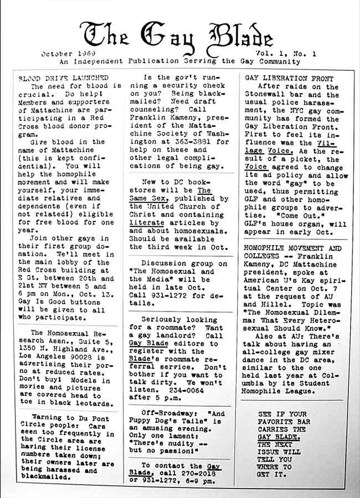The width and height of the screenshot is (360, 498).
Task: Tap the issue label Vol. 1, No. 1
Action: click(285, 54)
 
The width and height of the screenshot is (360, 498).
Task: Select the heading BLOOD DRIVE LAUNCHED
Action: click(63, 78)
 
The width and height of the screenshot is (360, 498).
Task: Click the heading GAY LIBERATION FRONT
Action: click(284, 78)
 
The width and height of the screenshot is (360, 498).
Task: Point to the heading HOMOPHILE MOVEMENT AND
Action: click(293, 248)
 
